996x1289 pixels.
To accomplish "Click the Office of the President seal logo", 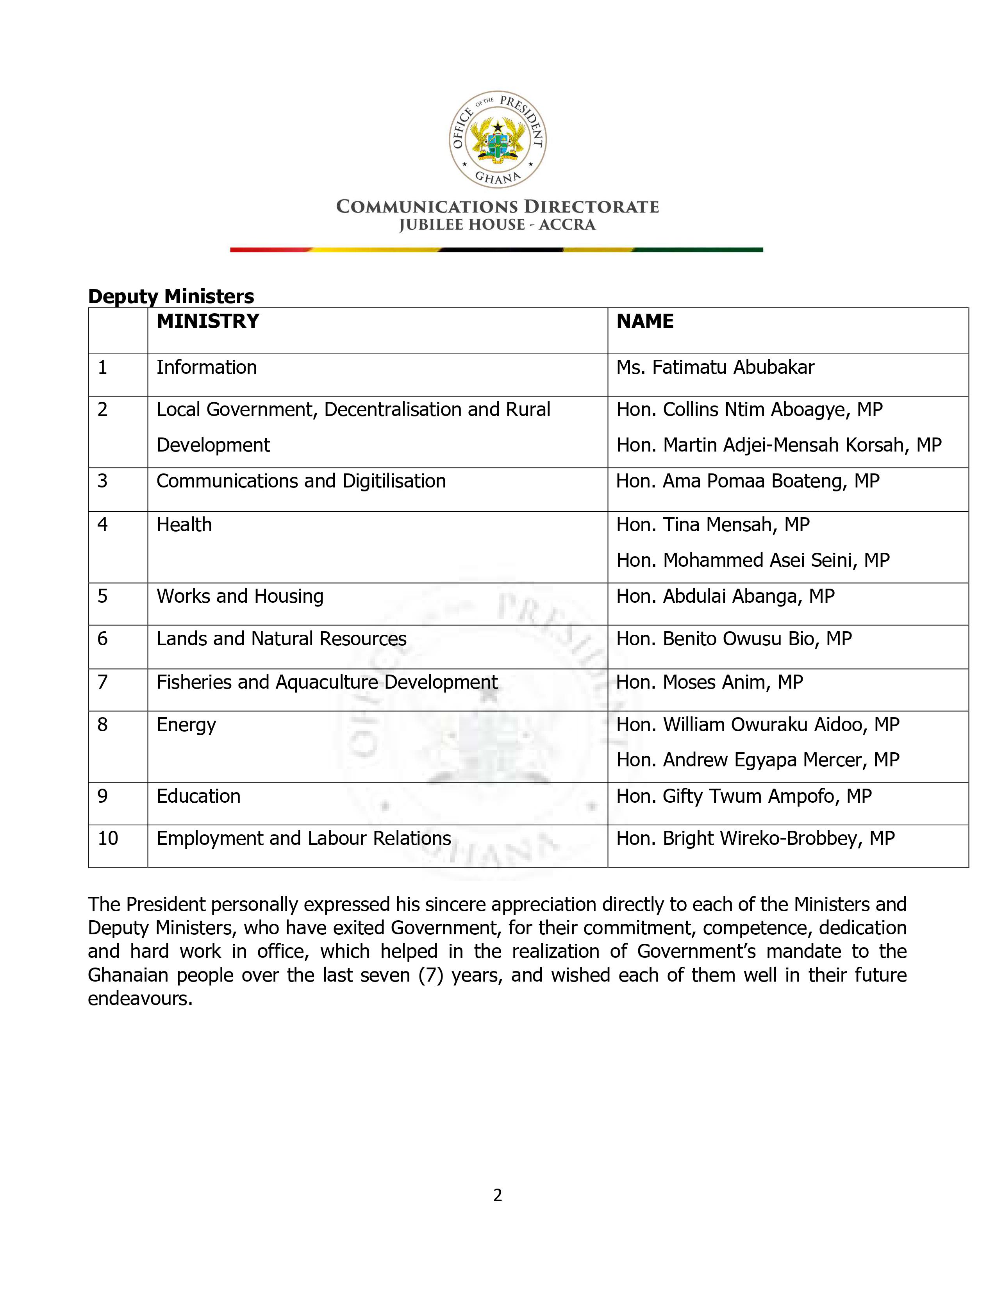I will pos(497,139).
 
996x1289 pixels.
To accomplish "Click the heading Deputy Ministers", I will pos(171,296).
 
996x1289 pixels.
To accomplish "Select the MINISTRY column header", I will pos(208,321).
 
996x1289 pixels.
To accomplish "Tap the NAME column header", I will pos(644,321).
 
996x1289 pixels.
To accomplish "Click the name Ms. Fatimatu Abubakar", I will pos(715,368).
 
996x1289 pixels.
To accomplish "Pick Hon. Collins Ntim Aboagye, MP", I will pos(750,410).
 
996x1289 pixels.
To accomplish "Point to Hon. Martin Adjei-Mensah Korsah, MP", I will pos(779,445).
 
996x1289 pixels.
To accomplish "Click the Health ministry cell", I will pos(184,525).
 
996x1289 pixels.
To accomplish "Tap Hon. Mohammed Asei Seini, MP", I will pos(753,560).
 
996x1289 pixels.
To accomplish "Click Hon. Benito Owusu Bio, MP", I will pos(734,639).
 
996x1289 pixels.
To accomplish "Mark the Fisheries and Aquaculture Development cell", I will pos(327,682).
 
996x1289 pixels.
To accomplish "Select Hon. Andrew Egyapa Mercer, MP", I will pos(758,760).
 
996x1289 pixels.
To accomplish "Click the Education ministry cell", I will pos(198,796).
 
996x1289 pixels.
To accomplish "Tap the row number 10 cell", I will pos(108,839).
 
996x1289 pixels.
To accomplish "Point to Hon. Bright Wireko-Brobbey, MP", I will pos(755,839).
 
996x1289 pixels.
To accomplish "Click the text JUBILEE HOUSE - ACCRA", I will pos(497,225).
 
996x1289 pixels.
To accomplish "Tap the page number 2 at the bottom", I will pos(497,1195).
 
